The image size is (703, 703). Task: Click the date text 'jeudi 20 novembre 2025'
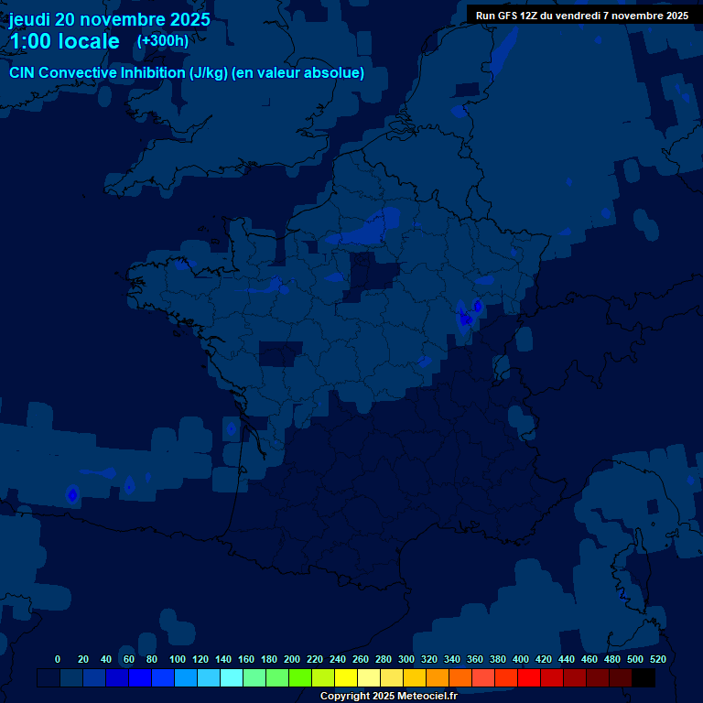click(x=109, y=19)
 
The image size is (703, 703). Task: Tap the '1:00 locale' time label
click(x=64, y=41)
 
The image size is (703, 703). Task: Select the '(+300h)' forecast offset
click(x=162, y=40)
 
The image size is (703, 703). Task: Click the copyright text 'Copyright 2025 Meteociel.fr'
click(x=388, y=696)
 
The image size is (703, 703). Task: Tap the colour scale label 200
click(x=292, y=659)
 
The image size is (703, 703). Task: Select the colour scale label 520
click(x=657, y=659)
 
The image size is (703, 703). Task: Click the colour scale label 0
click(x=58, y=659)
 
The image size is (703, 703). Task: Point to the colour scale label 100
click(x=178, y=659)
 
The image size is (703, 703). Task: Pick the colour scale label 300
click(x=406, y=659)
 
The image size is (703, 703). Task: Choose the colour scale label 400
click(x=521, y=659)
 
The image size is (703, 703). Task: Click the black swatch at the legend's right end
click(x=644, y=678)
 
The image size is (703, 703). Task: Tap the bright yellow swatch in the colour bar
click(x=346, y=678)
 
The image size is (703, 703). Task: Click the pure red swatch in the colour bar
click(x=529, y=678)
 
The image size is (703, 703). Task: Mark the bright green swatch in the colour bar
click(x=300, y=678)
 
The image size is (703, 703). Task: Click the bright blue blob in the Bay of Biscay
click(x=72, y=494)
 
